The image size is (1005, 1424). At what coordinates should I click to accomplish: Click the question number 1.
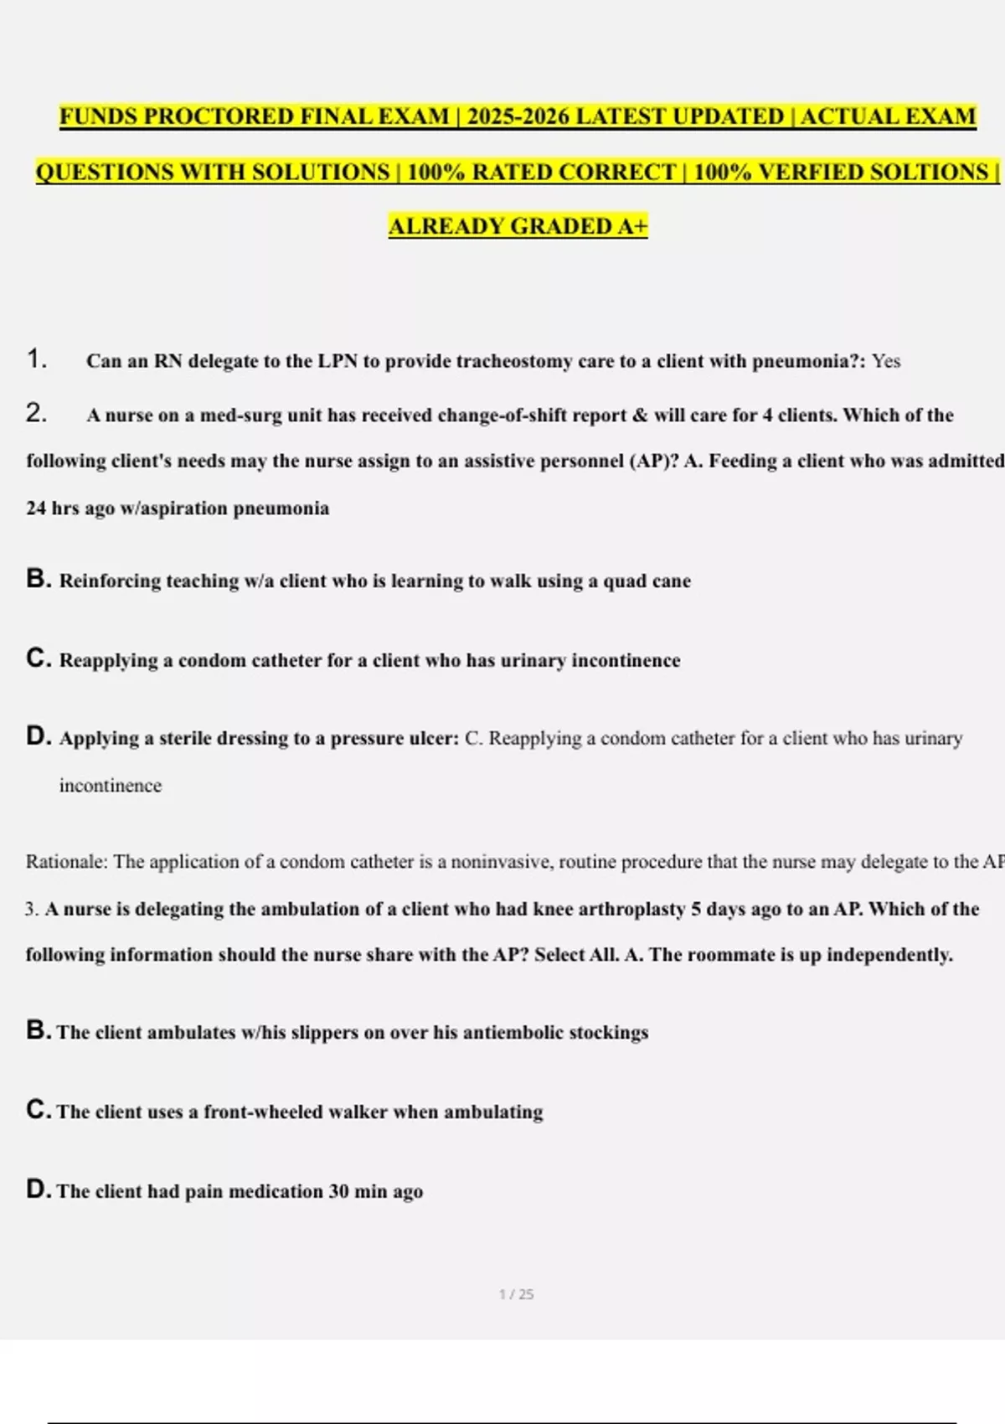click(34, 359)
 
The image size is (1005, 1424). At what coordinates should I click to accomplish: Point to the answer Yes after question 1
click(886, 361)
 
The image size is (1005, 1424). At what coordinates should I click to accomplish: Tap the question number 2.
click(34, 413)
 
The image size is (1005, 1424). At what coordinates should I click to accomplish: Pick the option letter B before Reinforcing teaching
click(38, 579)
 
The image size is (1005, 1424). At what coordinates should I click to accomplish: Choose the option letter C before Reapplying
click(38, 658)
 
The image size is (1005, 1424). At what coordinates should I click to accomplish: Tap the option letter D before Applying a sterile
click(38, 736)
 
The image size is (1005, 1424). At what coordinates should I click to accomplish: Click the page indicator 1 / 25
click(516, 1294)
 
